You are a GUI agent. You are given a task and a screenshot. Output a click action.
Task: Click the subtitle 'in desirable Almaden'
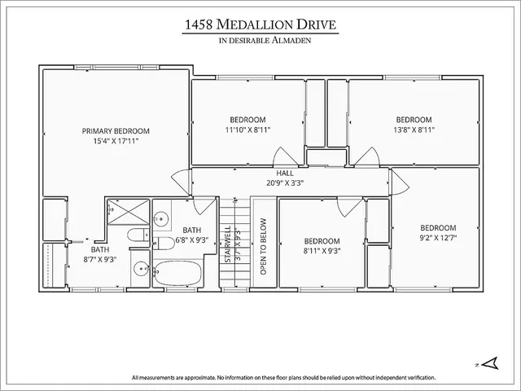tap(260, 42)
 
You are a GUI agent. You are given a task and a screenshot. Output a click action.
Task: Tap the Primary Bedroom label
tap(116, 130)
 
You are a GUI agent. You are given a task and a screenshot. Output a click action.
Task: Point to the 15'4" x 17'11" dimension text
tap(116, 140)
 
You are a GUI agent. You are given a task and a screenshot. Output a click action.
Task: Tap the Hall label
tap(284, 173)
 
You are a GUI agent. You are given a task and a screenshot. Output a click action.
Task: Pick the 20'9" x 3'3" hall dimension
tap(284, 182)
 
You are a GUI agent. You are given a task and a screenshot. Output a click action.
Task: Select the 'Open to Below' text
tap(263, 245)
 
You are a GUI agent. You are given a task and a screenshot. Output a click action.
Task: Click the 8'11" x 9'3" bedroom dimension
tap(322, 251)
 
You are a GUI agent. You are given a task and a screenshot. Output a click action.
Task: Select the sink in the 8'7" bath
tap(139, 269)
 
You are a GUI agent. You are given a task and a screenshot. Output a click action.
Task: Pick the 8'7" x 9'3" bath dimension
tap(100, 260)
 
